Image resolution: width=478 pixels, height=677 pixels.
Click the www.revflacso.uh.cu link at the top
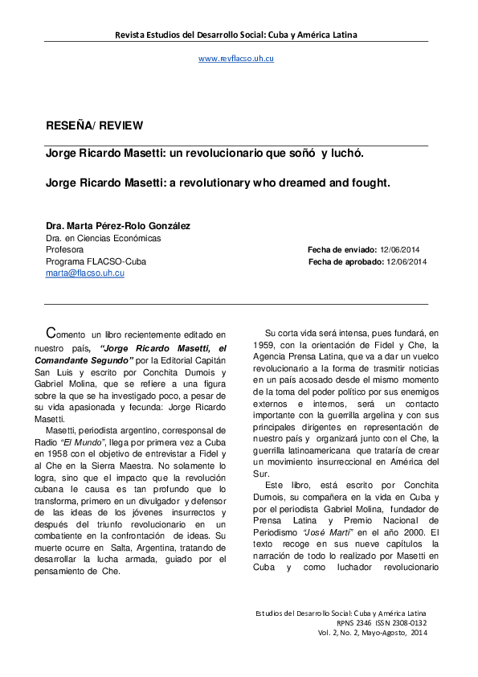coord(236,59)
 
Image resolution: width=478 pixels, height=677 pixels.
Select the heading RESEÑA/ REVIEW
coord(94,126)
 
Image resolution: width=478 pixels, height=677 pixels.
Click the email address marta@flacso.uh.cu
coord(84,273)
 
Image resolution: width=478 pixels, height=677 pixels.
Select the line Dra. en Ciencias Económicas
coord(103,238)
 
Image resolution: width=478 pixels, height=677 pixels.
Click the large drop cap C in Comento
coord(51,332)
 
